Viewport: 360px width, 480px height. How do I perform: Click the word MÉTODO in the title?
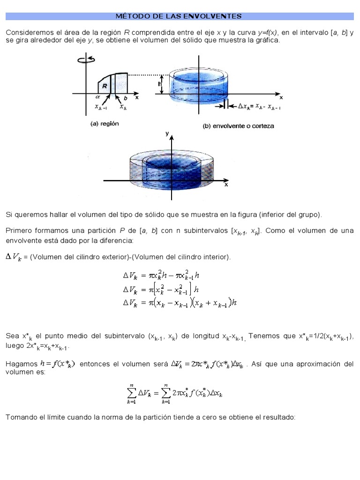coord(131,16)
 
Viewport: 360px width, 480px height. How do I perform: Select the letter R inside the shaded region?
coord(105,86)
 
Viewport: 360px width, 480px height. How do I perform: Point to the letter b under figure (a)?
coord(125,98)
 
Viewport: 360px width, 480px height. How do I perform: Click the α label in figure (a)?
coord(98,97)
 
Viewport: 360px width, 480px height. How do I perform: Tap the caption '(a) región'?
coord(104,125)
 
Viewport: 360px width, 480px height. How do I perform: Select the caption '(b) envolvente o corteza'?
coord(238,126)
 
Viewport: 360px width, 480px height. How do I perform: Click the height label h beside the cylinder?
coord(160,84)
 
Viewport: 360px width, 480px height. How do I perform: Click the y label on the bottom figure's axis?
coord(167,134)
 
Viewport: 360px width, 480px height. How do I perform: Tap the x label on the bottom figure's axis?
coord(226,185)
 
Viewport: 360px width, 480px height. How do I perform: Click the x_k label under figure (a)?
coord(123,107)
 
